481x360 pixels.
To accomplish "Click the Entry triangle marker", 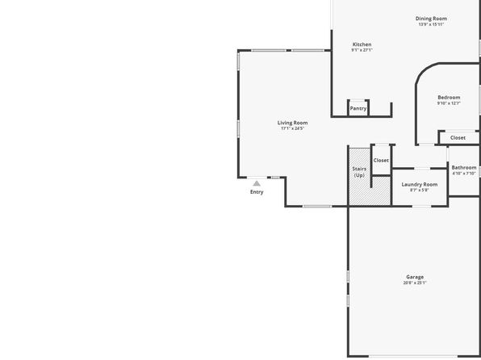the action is [257, 183].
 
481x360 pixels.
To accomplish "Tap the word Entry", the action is [257, 192].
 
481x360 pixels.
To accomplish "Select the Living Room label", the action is [292, 123].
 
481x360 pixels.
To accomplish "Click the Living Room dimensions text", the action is [292, 128].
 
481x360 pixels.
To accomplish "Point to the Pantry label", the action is [358, 109].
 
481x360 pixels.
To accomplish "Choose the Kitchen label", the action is [362, 44].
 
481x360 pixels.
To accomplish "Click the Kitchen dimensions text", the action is [362, 50].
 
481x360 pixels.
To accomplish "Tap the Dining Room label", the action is [431, 19].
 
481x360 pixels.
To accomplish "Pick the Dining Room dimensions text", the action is [431, 24].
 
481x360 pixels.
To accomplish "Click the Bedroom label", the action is [449, 98].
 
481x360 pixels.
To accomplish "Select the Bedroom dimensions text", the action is [449, 103].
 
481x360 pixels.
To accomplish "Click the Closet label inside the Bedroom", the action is [458, 138].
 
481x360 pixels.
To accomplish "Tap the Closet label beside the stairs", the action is [381, 160].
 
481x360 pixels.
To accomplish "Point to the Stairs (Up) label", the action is [359, 172].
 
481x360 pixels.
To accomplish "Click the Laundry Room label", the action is [420, 185].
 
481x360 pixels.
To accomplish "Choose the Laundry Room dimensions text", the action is [420, 190].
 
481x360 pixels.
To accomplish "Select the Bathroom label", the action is [464, 168].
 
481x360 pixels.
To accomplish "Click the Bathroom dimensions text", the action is [464, 173].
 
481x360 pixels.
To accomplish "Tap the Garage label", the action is [415, 277].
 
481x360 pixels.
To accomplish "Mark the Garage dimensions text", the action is [415, 283].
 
